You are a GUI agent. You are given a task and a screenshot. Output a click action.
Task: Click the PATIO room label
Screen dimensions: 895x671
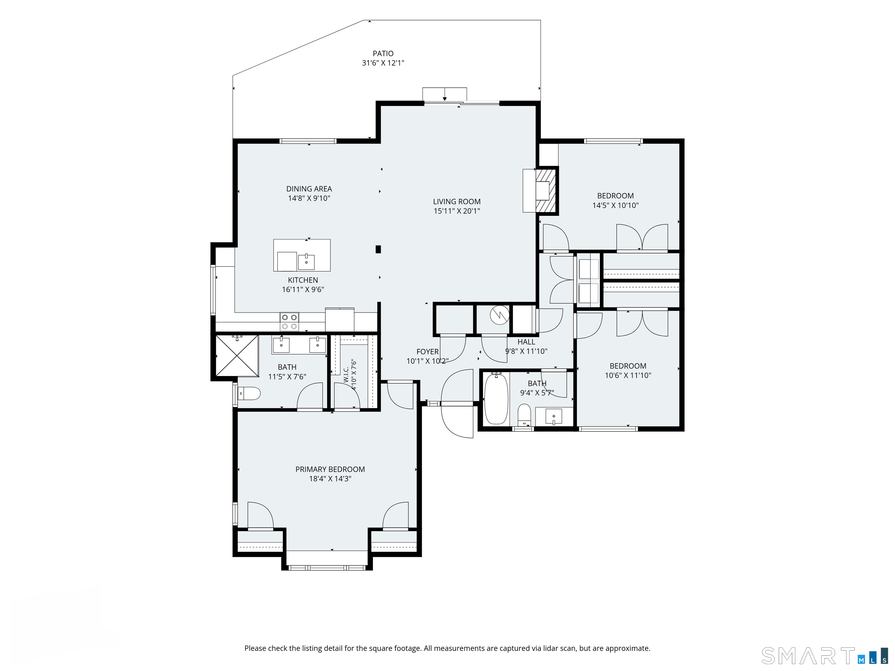(x=383, y=53)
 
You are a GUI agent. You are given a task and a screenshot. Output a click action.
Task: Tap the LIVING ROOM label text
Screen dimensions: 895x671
(x=457, y=202)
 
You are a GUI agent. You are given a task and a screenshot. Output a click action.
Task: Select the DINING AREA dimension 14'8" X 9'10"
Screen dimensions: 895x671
(x=309, y=198)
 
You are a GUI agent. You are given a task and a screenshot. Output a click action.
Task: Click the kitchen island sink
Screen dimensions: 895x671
(x=306, y=262)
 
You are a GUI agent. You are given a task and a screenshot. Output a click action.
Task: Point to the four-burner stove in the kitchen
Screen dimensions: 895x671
(x=289, y=322)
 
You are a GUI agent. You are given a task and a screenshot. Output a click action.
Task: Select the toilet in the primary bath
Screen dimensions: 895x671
(x=249, y=393)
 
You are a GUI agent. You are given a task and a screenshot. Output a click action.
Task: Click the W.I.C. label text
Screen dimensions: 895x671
(x=346, y=375)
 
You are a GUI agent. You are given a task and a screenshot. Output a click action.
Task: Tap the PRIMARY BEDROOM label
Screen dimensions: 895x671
(x=330, y=469)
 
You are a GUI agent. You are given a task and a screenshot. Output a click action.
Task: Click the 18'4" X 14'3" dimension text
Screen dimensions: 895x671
(x=330, y=479)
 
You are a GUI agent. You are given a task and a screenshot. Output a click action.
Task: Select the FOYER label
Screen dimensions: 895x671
(x=427, y=352)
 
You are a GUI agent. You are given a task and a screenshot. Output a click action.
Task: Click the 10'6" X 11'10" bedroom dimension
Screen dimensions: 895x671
(x=628, y=375)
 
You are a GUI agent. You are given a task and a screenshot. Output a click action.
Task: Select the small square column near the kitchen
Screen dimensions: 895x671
(x=378, y=249)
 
